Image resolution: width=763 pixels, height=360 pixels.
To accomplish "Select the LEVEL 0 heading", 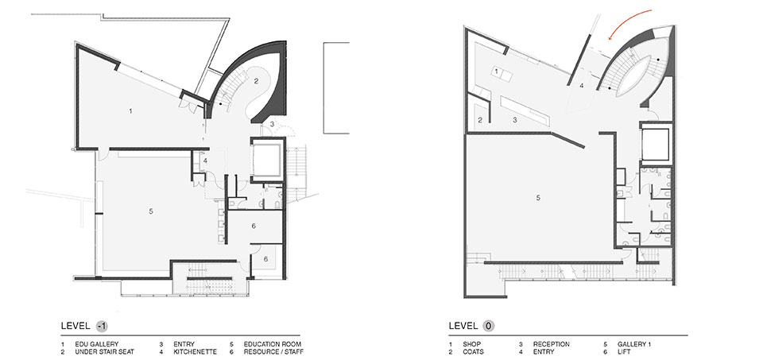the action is point(471,326).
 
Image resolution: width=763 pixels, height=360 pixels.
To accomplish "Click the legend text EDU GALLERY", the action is point(97,344).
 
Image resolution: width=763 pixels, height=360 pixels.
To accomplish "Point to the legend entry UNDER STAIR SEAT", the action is point(105,352).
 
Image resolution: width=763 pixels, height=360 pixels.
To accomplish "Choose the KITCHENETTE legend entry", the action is point(196,352).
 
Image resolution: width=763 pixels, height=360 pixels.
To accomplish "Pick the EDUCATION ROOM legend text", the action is point(273,344).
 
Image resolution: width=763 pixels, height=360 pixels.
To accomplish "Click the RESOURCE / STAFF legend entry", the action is point(273,352).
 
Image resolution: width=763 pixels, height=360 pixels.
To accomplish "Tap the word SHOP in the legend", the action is point(471,344).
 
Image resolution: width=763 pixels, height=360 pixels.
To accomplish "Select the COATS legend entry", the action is point(474,352).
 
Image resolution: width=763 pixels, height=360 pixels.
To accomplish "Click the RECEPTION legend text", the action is point(552,344).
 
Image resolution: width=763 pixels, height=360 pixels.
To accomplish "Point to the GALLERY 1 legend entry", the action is point(634,344).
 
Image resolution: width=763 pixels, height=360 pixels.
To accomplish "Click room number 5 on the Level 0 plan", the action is point(538,198).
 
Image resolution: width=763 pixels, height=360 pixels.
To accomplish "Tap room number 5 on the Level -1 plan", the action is point(151,211).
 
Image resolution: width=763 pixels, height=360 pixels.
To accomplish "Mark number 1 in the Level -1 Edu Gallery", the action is point(130,111).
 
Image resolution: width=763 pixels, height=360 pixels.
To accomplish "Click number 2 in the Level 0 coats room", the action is point(480,120).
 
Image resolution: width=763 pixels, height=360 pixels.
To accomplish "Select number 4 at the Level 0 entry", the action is point(581,86).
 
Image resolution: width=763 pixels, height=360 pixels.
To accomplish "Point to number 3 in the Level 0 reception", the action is point(514,120).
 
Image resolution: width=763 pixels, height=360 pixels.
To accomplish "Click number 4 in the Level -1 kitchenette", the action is point(205,160).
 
